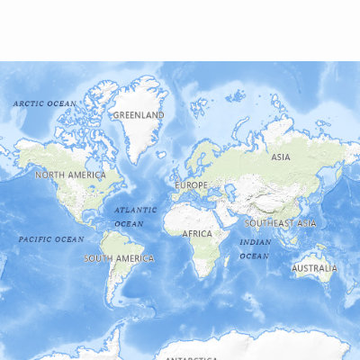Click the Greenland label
coord(139,115)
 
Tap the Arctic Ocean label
coord(44,103)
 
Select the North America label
coord(70,175)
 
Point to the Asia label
coord(281,157)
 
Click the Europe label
coord(191,185)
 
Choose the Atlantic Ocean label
coord(135,216)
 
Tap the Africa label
coord(197,234)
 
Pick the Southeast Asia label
coord(280,222)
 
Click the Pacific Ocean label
coord(51,239)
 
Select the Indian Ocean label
coord(255,249)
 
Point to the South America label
coord(119,258)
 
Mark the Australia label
coord(314,267)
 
